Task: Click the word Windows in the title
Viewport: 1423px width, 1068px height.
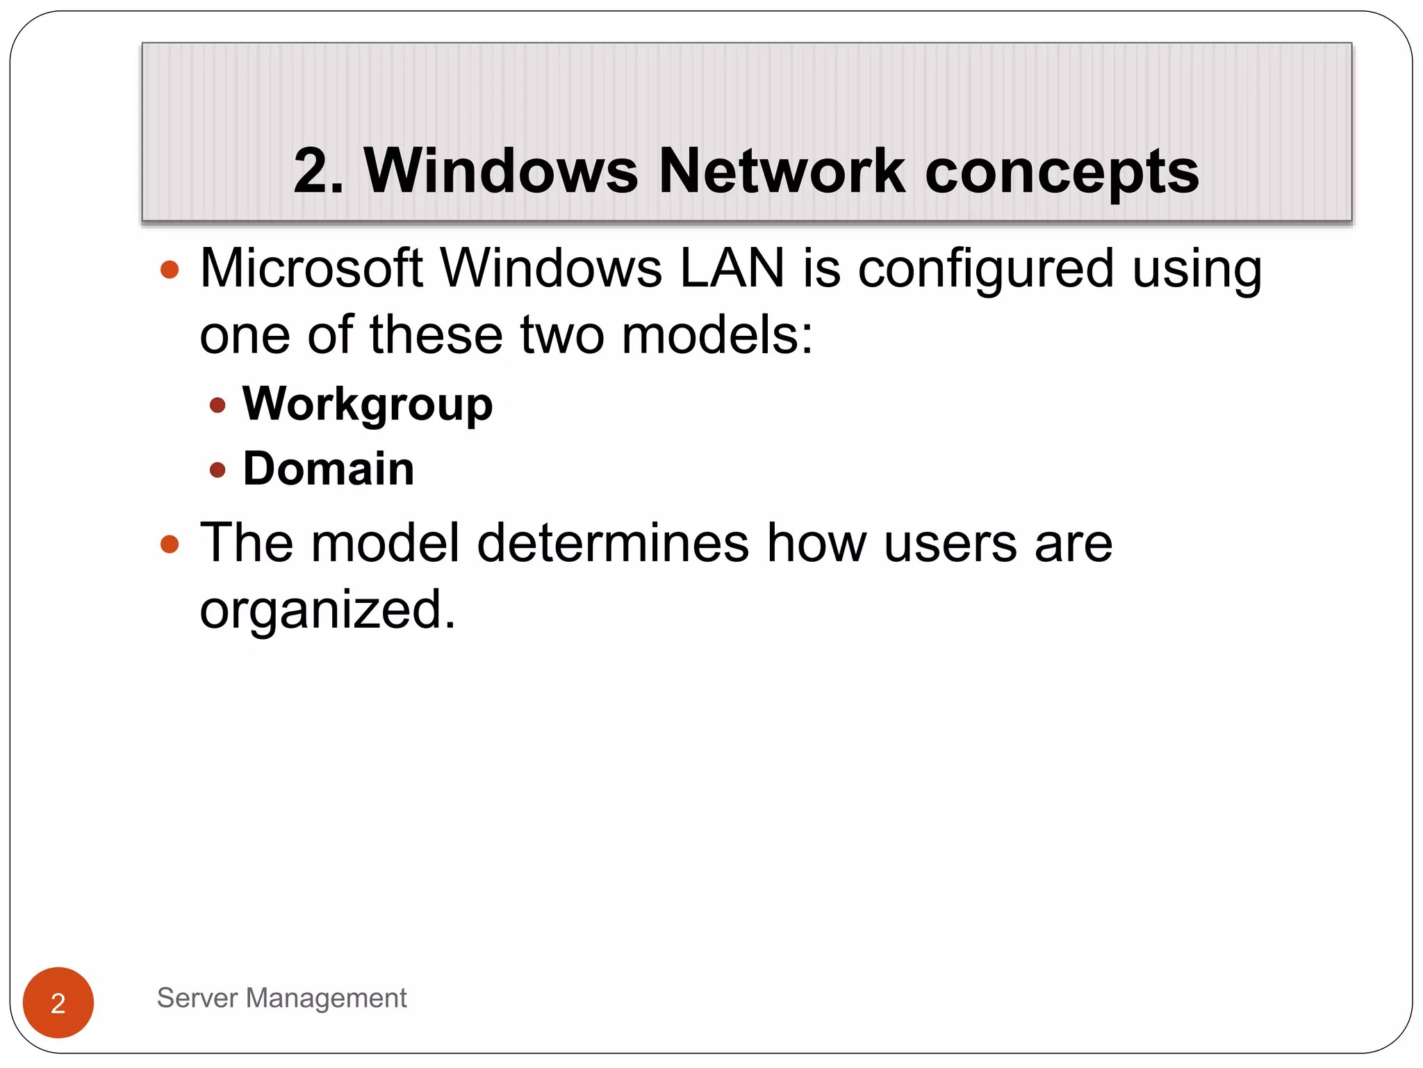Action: tap(500, 171)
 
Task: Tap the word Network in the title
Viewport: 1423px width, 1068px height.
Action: tap(781, 171)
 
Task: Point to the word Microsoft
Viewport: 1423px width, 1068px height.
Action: tap(311, 268)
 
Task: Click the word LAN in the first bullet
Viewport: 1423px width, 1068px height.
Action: tap(732, 268)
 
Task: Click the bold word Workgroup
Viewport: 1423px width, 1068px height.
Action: tap(367, 405)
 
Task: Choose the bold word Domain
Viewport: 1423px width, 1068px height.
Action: tap(328, 469)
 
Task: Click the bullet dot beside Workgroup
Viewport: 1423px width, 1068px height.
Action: tap(217, 405)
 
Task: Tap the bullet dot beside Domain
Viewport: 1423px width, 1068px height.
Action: tap(217, 470)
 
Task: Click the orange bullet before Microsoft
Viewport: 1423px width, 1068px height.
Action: tap(170, 270)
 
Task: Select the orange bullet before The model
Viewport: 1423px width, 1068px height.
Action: tap(170, 544)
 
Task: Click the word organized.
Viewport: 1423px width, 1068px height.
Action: tap(327, 610)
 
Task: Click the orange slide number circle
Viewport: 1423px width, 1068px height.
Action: tap(58, 1002)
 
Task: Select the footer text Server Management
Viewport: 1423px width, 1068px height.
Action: tap(281, 998)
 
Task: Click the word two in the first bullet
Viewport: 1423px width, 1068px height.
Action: tap(561, 335)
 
